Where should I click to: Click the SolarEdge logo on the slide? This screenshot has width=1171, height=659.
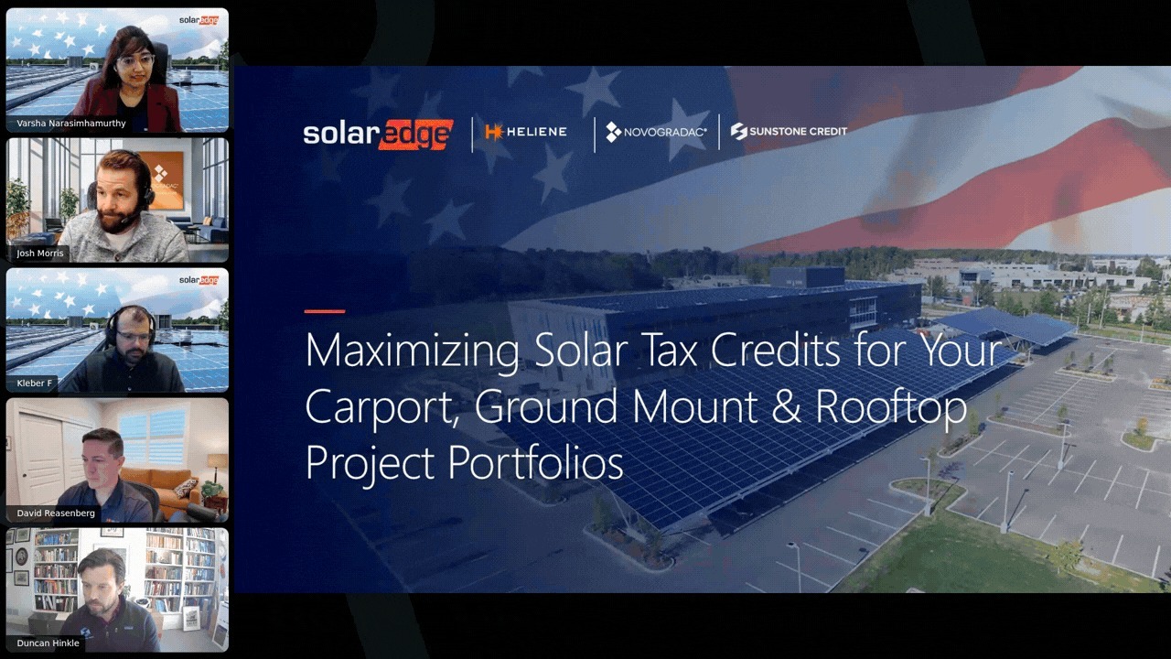click(378, 134)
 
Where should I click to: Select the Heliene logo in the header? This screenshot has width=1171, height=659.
click(526, 132)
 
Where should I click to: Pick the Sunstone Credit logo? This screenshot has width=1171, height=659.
click(789, 132)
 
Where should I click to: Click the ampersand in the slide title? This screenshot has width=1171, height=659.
click(787, 407)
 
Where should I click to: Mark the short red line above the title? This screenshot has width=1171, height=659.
click(324, 311)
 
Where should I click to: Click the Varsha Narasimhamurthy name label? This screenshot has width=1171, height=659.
click(71, 124)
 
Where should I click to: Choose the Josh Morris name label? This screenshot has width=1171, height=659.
click(41, 254)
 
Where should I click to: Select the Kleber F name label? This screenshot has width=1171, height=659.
click(35, 384)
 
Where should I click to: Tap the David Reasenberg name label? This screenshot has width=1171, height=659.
click(56, 513)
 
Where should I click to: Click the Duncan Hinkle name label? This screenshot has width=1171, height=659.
click(48, 643)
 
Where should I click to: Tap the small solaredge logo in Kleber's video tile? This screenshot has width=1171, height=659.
click(198, 280)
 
